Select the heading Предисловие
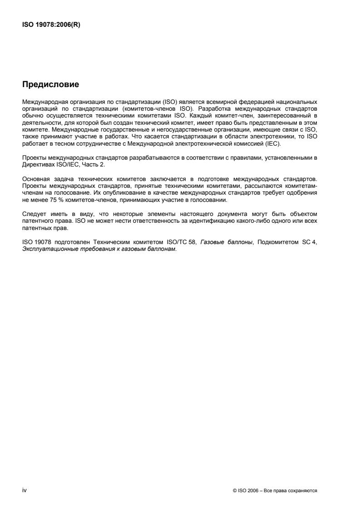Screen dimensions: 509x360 point(50,84)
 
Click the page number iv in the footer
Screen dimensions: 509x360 point(25,490)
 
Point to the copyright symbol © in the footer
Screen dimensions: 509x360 point(234,491)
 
